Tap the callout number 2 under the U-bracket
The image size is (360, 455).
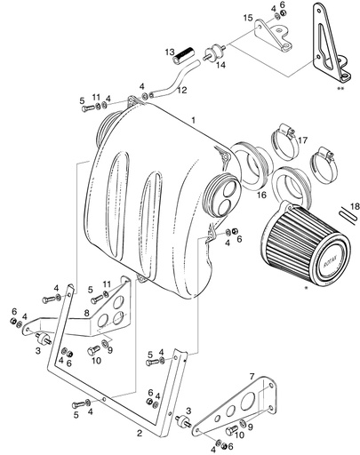click(x=139, y=434)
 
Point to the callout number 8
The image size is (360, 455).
click(x=87, y=313)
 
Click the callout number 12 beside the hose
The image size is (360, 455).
click(x=183, y=91)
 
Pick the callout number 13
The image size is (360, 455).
click(x=169, y=52)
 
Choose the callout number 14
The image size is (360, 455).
click(x=221, y=65)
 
